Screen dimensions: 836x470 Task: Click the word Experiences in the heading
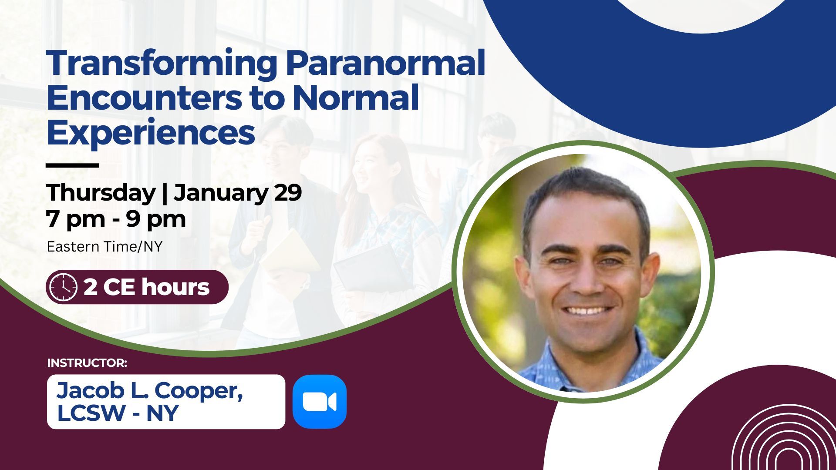(x=151, y=133)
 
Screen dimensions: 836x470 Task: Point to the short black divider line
(x=72, y=165)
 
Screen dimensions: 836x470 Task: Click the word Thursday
(x=101, y=193)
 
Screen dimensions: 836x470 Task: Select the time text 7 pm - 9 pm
(x=116, y=219)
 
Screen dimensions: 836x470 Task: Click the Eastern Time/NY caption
(x=104, y=247)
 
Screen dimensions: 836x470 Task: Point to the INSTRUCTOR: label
(x=87, y=363)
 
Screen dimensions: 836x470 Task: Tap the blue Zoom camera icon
(x=320, y=402)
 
